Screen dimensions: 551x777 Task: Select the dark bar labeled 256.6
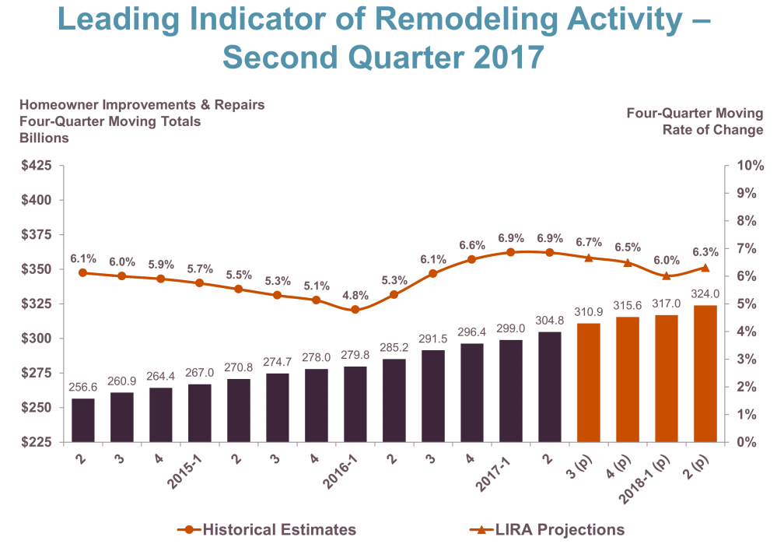point(83,420)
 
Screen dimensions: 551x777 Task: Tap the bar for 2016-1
point(355,404)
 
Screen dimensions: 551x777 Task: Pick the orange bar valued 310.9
point(589,382)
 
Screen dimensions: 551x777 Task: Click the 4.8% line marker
point(355,310)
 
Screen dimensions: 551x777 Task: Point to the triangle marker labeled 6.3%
point(705,268)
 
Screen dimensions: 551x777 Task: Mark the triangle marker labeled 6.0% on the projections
point(667,276)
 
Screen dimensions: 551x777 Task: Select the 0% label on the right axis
point(744,442)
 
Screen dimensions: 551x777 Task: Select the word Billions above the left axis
point(44,138)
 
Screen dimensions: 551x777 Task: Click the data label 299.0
point(511,329)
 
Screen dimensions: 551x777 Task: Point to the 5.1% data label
point(317,284)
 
